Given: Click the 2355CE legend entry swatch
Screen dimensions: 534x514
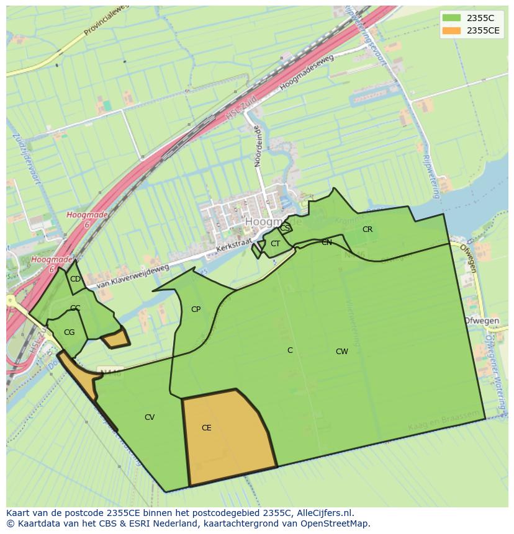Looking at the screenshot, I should (451, 30).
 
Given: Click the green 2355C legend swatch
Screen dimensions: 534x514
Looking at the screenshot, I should (451, 18).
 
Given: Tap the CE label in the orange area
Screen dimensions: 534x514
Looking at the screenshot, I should (207, 428).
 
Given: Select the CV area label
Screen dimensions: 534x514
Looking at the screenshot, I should (150, 417).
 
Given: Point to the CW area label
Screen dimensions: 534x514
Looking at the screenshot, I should (341, 352).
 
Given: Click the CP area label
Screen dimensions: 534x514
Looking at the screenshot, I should (196, 309).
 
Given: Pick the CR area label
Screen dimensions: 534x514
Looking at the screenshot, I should (367, 229).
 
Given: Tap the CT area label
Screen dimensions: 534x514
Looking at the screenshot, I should (275, 244).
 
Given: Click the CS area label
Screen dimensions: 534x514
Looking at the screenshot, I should (284, 228).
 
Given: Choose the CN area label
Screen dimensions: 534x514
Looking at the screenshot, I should (327, 243).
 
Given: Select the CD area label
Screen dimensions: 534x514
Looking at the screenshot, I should (75, 279).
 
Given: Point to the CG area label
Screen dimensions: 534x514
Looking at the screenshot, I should (69, 332).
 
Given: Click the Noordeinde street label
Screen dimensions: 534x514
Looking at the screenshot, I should (258, 146).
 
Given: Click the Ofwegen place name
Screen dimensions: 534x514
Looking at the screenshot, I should (482, 321).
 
